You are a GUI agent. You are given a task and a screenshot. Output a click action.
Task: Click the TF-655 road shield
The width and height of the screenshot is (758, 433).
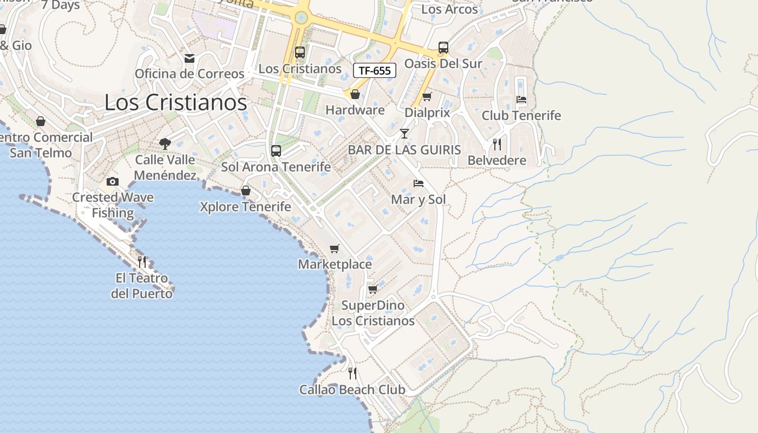pyautogui.click(x=375, y=70)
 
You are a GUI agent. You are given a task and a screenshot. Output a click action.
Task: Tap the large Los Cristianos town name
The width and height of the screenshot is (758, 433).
pyautogui.click(x=175, y=102)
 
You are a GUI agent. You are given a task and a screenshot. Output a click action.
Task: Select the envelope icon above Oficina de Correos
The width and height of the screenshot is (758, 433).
pyautogui.click(x=190, y=58)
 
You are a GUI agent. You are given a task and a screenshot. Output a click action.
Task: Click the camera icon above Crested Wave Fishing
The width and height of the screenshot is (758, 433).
pyautogui.click(x=113, y=181)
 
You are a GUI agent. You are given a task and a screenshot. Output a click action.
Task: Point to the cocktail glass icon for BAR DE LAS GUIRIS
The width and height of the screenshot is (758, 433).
pyautogui.click(x=404, y=134)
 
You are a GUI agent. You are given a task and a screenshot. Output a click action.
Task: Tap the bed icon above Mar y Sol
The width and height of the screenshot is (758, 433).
pyautogui.click(x=419, y=183)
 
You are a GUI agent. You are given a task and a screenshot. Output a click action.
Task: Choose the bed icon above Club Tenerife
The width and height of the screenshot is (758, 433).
pyautogui.click(x=521, y=100)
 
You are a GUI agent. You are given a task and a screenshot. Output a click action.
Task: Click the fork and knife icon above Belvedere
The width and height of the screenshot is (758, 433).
pyautogui.click(x=497, y=145)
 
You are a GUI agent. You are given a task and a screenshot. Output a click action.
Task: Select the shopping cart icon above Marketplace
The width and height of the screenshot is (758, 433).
pyautogui.click(x=335, y=248)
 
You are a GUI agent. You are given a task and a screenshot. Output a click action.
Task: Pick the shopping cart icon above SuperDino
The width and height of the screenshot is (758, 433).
pyautogui.click(x=373, y=290)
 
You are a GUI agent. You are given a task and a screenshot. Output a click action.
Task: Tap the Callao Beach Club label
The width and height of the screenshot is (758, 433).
pyautogui.click(x=352, y=390)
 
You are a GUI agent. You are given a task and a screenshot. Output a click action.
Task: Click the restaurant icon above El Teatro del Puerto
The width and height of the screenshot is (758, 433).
pyautogui.click(x=142, y=262)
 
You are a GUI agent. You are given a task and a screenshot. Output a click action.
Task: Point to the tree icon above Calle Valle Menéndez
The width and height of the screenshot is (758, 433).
pyautogui.click(x=165, y=144)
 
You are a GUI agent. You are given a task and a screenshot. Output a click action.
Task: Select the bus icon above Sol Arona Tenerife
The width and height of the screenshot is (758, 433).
pyautogui.click(x=276, y=151)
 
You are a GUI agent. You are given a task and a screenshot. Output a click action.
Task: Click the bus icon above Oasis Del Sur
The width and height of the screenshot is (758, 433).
pyautogui.click(x=443, y=48)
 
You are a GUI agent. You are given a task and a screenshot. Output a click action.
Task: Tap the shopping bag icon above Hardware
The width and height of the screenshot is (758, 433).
pyautogui.click(x=355, y=95)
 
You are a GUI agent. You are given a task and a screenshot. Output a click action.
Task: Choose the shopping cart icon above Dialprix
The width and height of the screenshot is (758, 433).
pyautogui.click(x=427, y=97)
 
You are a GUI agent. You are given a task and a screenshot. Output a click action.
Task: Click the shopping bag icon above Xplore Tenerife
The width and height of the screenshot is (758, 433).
pyautogui.click(x=246, y=191)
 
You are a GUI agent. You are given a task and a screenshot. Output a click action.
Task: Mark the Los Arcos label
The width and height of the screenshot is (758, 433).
pyautogui.click(x=449, y=9)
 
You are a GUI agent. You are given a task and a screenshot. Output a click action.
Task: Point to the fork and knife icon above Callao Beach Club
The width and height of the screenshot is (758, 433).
pyautogui.click(x=352, y=373)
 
